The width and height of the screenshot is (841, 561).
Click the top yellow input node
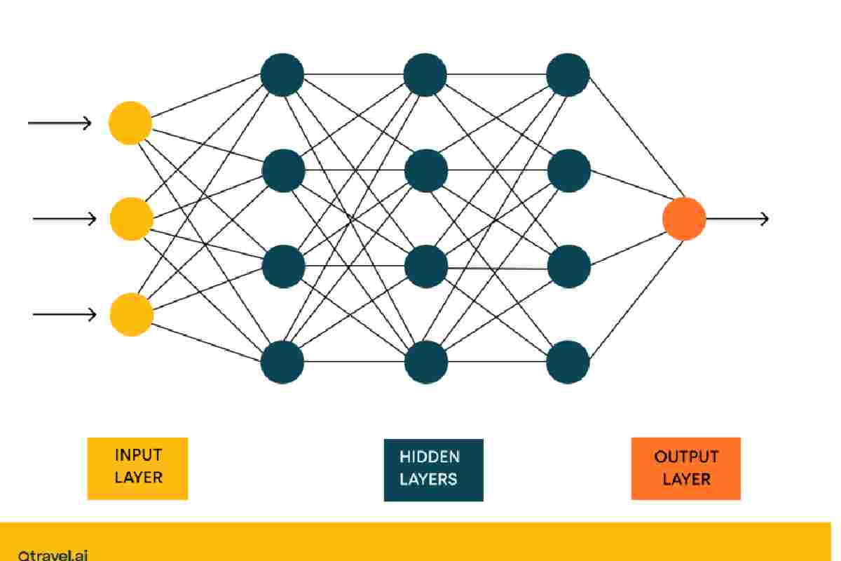[130, 123]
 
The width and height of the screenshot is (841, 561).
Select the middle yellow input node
[131, 219]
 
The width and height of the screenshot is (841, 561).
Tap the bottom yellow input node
[131, 314]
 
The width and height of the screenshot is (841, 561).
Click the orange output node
[684, 219]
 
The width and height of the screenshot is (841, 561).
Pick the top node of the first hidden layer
[282, 74]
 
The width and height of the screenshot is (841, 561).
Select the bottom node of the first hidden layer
[282, 362]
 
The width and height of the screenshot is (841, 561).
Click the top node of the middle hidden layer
[426, 74]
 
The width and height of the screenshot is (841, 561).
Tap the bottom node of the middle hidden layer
[426, 362]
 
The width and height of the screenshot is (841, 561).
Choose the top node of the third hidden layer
[568, 74]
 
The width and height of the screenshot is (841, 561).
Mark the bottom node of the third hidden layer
[568, 362]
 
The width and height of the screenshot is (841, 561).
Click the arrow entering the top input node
[60, 123]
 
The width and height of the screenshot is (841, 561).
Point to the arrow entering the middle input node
[64, 219]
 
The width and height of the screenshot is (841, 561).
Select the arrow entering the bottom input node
[64, 314]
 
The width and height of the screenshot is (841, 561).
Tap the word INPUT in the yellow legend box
[138, 455]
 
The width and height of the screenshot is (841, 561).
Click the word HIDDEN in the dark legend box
[430, 457]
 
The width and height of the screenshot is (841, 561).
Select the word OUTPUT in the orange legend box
[686, 457]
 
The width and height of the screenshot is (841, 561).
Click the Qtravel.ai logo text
[53, 554]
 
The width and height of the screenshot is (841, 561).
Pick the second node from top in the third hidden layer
[568, 170]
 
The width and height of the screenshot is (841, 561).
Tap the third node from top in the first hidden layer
[283, 266]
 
